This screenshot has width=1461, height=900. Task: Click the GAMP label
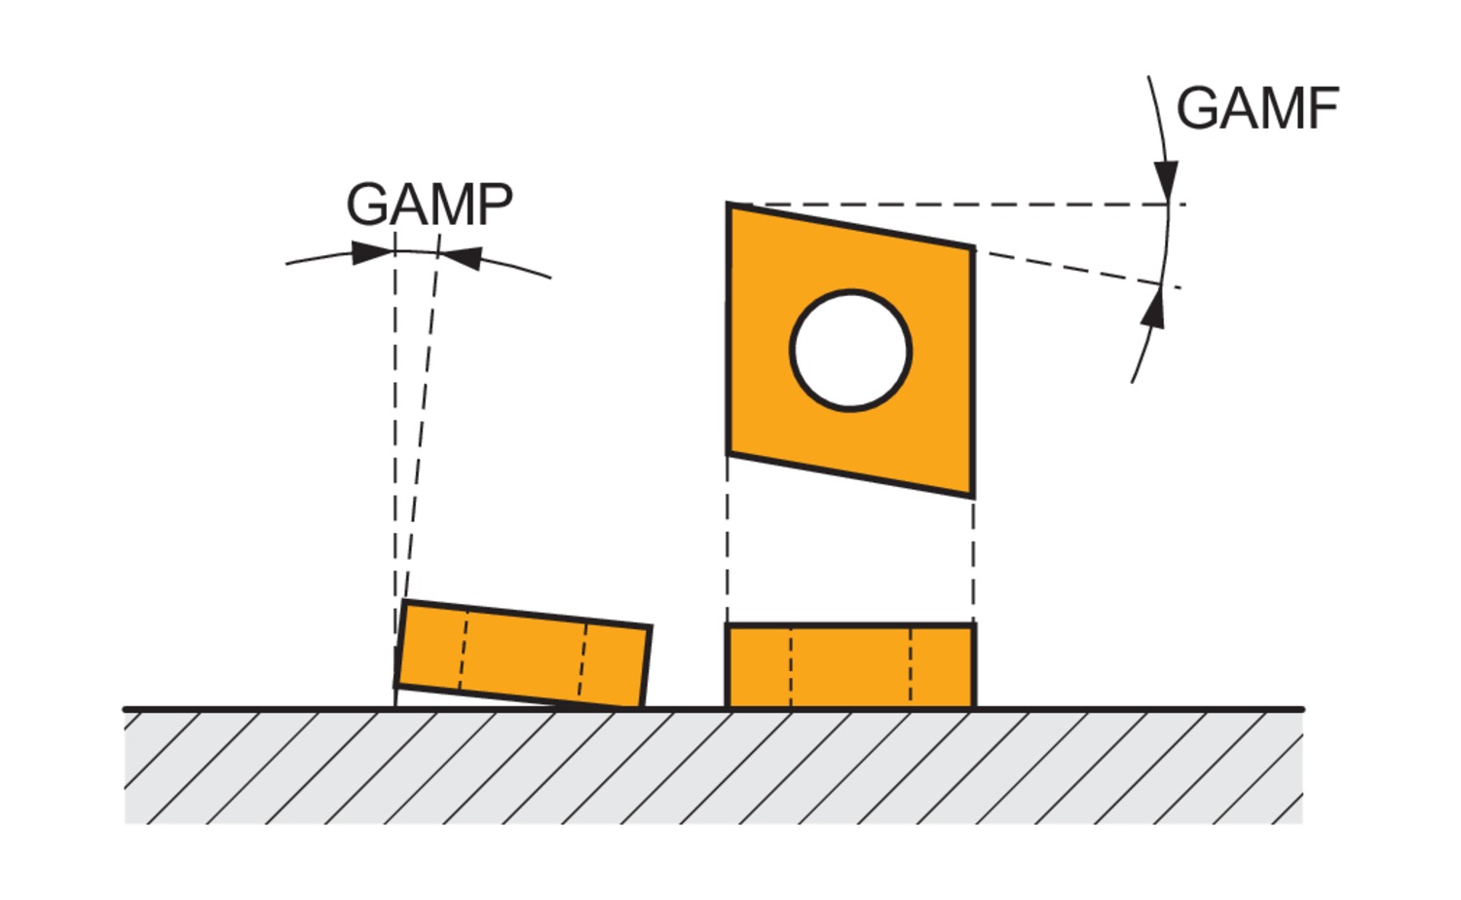tap(429, 205)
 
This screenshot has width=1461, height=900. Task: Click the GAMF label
tap(1256, 108)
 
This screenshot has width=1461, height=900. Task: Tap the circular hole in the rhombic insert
tap(850, 350)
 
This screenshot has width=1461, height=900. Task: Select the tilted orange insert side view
tap(523, 654)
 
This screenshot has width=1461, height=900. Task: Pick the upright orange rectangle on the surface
tap(850, 666)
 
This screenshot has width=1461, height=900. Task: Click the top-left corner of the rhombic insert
tap(730, 206)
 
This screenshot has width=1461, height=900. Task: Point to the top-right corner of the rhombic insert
tap(972, 248)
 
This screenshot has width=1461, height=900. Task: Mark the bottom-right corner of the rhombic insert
tap(972, 495)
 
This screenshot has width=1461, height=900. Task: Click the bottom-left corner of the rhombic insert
tap(730, 452)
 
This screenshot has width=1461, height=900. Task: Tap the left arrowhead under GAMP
tap(373, 253)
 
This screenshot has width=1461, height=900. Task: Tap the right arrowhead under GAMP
tap(460, 257)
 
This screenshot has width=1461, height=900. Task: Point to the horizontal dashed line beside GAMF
tap(1071, 205)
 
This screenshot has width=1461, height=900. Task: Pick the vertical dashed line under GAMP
tap(394, 438)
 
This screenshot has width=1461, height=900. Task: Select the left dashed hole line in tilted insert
tap(464, 650)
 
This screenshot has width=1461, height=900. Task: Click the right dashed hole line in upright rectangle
tap(911, 666)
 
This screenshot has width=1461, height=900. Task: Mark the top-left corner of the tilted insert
tap(404, 603)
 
